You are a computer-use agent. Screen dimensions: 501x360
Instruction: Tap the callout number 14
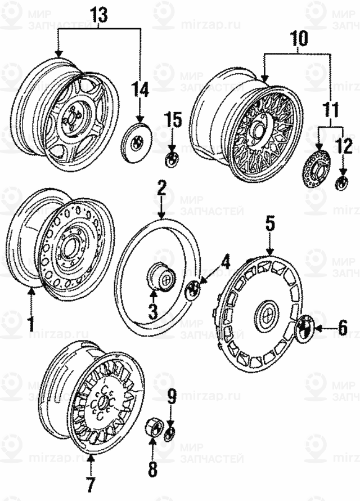pyautogui.click(x=140, y=90)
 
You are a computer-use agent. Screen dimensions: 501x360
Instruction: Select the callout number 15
pyautogui.click(x=173, y=120)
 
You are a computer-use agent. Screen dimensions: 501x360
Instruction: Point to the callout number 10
pyautogui.click(x=299, y=39)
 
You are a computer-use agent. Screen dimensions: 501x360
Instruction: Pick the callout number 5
pyautogui.click(x=270, y=224)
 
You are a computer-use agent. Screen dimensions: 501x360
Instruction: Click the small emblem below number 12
pyautogui.click(x=341, y=182)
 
